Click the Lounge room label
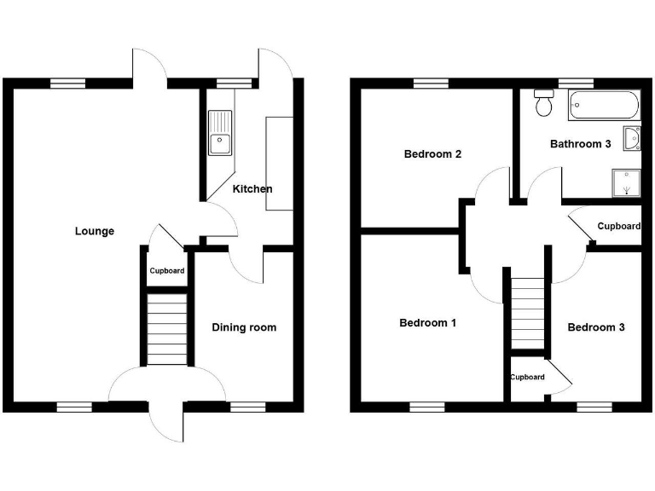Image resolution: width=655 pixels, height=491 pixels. [x=94, y=231]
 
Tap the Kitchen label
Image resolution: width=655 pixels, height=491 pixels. [x=252, y=188]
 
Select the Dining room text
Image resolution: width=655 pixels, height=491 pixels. [x=244, y=327]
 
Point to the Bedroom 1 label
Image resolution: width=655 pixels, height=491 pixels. [x=428, y=323]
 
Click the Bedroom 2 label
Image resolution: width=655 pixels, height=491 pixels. [x=432, y=154]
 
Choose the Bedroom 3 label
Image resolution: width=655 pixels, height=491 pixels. [x=596, y=327]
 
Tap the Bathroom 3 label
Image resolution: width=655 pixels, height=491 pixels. [x=580, y=144]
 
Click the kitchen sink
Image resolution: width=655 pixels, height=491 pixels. [x=219, y=133]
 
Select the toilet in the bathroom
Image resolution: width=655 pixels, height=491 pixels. [x=543, y=104]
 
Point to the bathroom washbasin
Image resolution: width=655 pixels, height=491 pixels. [x=632, y=137]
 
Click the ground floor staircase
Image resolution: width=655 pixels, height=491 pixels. [x=167, y=329]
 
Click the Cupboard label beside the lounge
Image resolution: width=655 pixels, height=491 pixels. [x=167, y=271]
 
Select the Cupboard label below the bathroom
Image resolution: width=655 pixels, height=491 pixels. [x=618, y=226]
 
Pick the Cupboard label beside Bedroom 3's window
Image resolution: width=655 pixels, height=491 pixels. [x=528, y=377]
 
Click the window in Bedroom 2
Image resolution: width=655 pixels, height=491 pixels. [x=431, y=84]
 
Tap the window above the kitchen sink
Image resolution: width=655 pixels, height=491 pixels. [x=235, y=84]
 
